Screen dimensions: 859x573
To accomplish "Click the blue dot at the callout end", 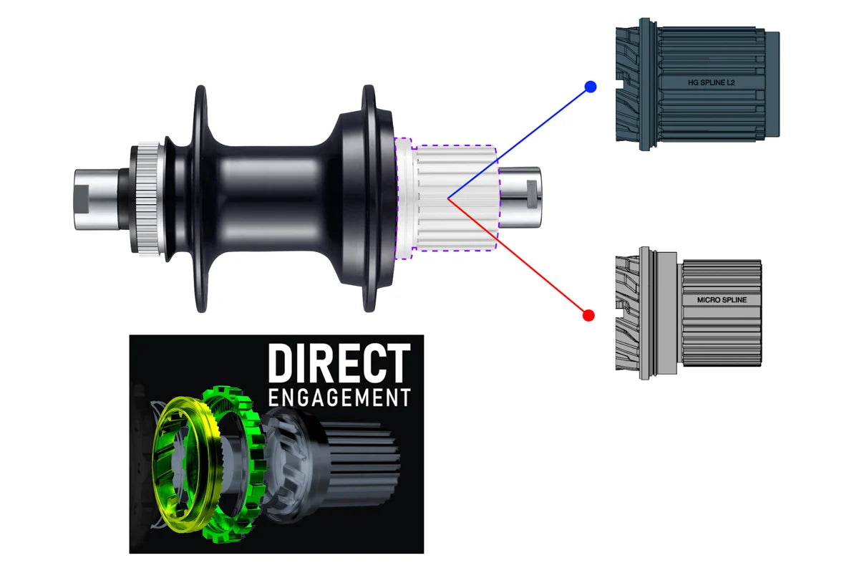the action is coord(591,87).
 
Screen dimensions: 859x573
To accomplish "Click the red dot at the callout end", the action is coord(588,315).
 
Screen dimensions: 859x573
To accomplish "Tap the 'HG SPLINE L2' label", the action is coord(712,82).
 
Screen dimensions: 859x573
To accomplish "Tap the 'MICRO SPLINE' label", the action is coord(722,300).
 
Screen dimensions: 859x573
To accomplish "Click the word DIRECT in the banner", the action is coord(339,363).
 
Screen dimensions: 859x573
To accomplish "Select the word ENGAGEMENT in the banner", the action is coord(339,398).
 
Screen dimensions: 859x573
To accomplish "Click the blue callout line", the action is coord(519,143).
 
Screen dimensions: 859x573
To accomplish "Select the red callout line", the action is coord(518,256).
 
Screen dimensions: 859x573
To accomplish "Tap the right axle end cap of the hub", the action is coord(520,197).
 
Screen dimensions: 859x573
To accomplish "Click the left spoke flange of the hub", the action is coord(201,198).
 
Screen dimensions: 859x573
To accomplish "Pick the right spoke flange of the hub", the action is coord(369,198).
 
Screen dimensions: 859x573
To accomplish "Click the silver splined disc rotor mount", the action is coord(148,199).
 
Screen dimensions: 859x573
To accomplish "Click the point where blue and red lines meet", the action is coord(448,198).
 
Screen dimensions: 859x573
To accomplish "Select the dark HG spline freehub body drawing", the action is coord(697,84).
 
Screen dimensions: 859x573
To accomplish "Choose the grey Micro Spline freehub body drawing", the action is coord(689,313).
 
